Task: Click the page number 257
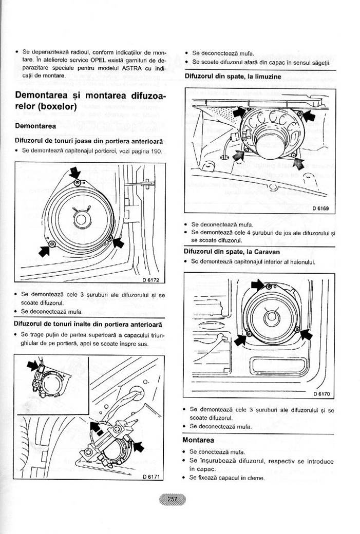(x=173, y=499)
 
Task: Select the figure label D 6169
(x=320, y=208)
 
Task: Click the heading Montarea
(x=198, y=440)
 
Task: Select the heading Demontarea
(x=35, y=126)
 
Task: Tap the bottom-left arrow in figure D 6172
(x=45, y=251)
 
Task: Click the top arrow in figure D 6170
(x=258, y=284)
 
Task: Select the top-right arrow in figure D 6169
(x=309, y=116)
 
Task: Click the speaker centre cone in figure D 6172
(x=81, y=219)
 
